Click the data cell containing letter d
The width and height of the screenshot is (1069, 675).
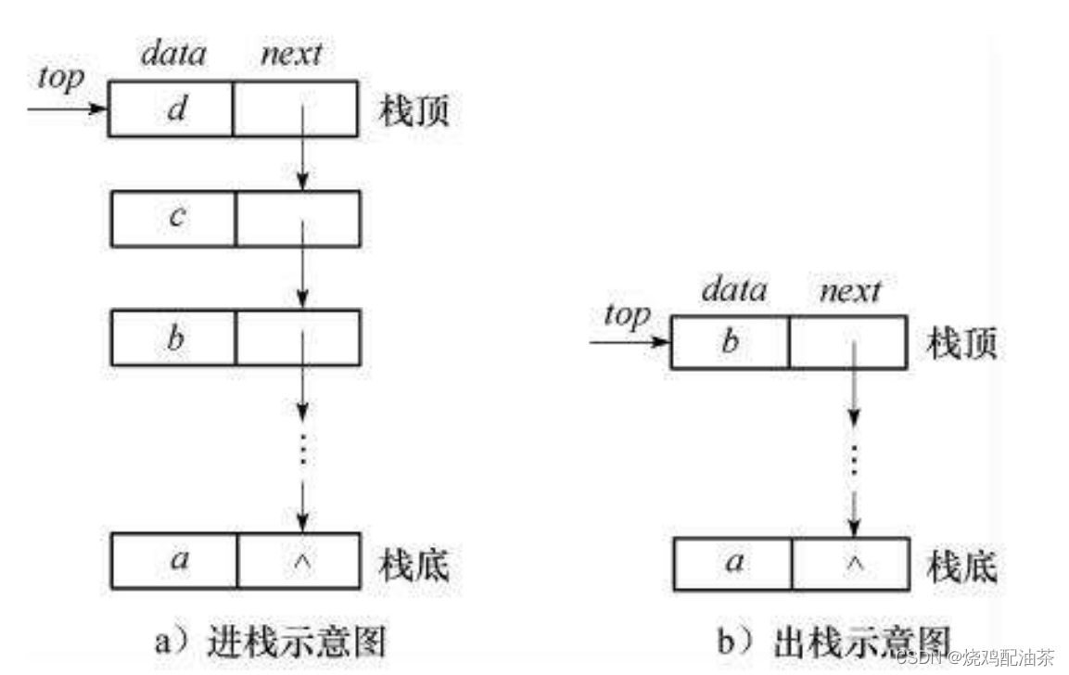172,109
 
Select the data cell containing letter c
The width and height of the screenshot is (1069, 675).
173,219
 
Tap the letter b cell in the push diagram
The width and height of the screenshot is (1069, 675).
173,338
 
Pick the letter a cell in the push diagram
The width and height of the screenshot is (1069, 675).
173,560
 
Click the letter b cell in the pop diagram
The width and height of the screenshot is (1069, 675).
731,342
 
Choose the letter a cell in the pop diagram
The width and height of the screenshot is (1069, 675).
732,562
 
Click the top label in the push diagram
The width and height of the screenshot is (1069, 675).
60,78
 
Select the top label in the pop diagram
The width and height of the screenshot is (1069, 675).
627,314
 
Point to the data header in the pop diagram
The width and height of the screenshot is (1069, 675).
733,291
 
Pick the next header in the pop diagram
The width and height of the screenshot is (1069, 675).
850,291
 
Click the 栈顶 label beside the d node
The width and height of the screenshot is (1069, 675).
414,111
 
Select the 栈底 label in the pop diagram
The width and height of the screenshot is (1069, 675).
962,565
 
